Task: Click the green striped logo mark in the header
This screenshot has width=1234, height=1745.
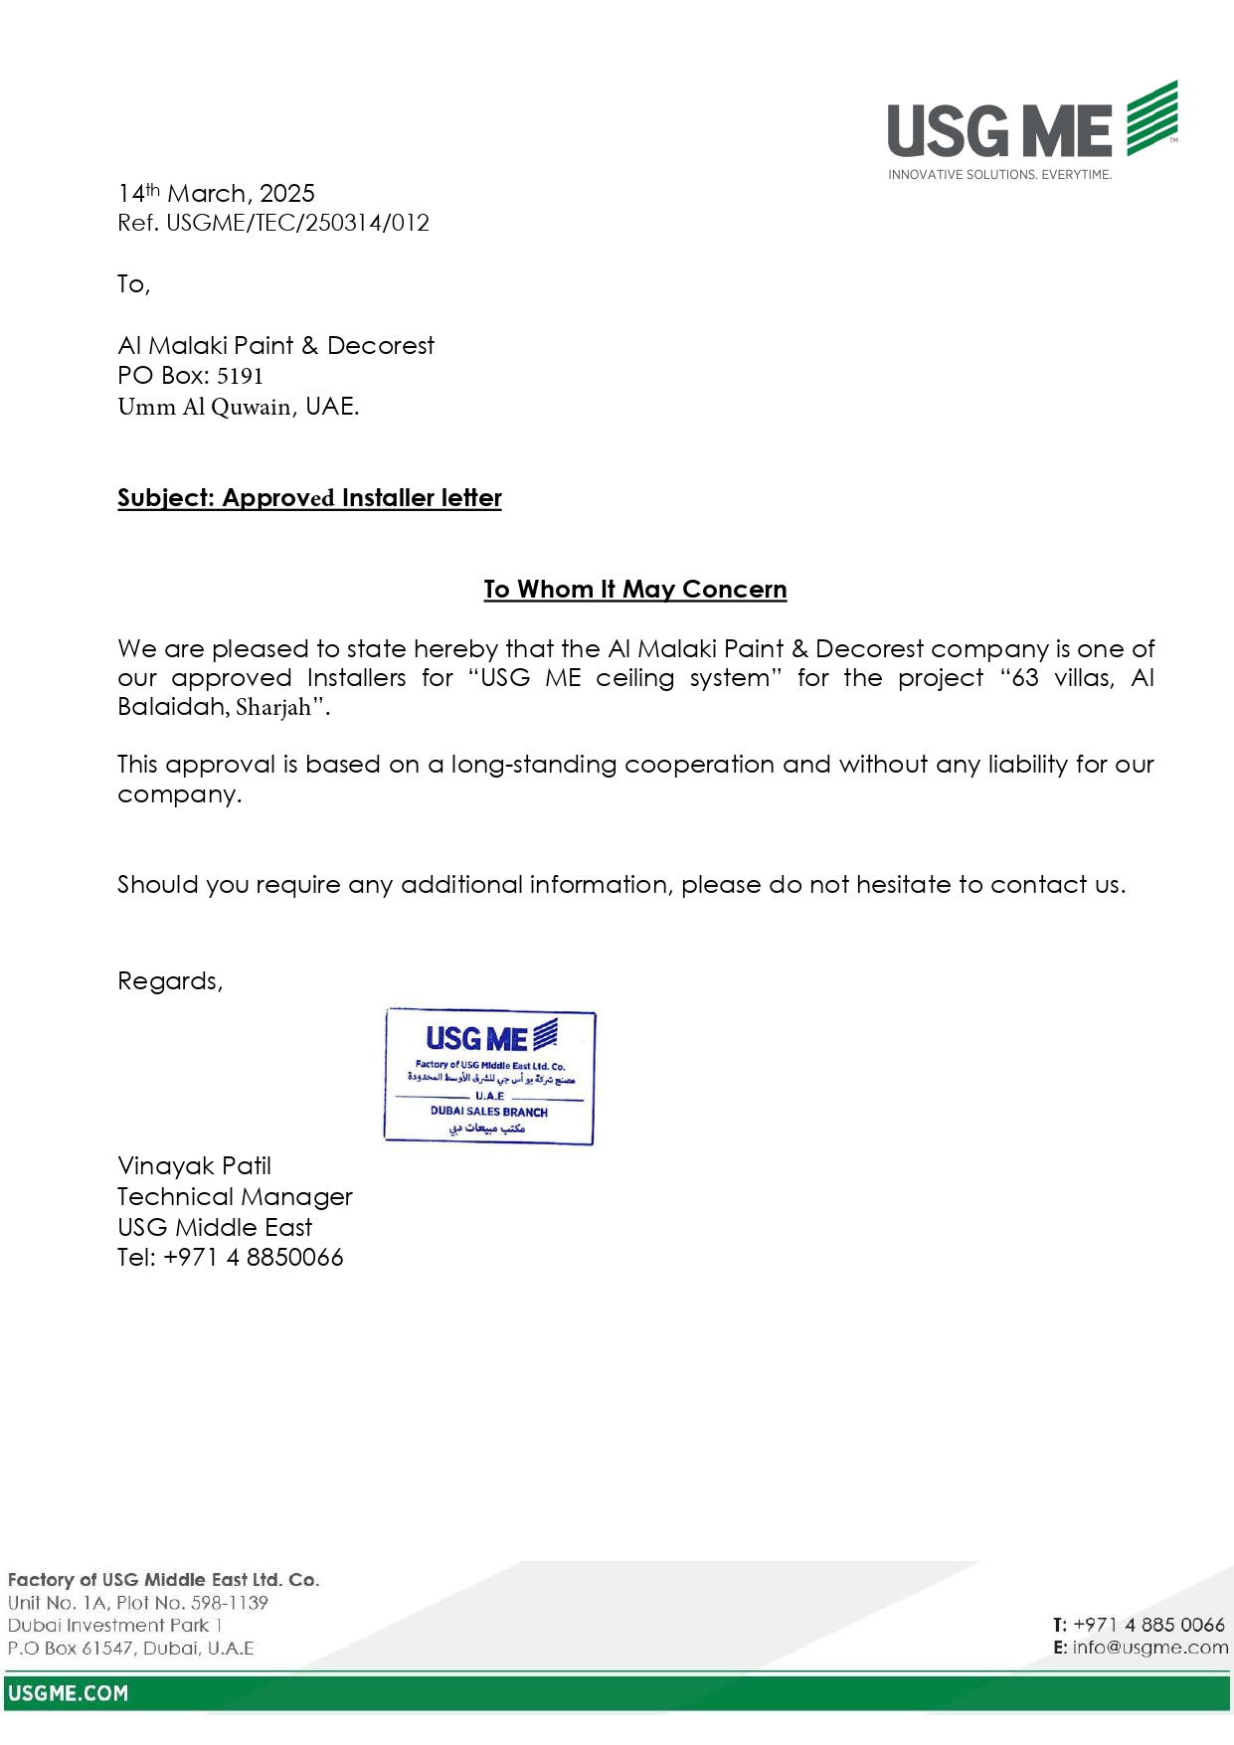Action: click(x=1151, y=118)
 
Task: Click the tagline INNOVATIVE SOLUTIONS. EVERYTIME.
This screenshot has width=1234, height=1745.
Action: click(x=999, y=175)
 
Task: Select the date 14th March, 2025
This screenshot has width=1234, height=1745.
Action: click(x=216, y=193)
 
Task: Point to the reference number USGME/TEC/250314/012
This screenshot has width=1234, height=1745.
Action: click(x=297, y=223)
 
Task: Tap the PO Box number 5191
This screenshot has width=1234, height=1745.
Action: click(x=240, y=376)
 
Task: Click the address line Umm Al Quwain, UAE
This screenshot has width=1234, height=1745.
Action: click(x=238, y=407)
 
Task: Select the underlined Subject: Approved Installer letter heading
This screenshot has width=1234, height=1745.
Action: click(x=309, y=498)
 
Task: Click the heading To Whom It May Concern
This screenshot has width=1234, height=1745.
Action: click(x=634, y=590)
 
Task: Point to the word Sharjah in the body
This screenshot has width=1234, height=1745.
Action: click(x=273, y=708)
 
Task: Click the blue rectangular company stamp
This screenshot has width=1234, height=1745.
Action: click(x=489, y=1077)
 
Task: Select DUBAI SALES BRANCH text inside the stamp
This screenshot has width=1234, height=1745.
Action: click(x=488, y=1112)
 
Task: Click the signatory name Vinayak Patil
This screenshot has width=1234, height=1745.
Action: click(x=194, y=1166)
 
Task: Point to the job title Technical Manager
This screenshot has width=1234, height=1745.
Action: click(x=235, y=1197)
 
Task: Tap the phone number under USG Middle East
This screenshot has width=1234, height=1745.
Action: click(x=253, y=1258)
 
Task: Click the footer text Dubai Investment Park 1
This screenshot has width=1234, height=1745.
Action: click(x=114, y=1626)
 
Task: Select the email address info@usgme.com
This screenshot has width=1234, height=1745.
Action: click(x=1149, y=1648)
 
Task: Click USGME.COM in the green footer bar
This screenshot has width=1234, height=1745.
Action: click(x=68, y=1693)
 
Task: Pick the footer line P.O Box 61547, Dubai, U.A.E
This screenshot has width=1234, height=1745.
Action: click(x=130, y=1649)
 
